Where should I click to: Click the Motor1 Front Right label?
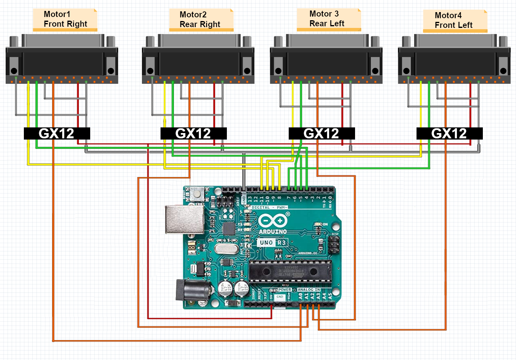tap(65, 19)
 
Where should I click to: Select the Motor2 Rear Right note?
tap(201, 20)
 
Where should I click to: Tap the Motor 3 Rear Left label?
tap(328, 19)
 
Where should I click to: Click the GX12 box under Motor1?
tap(57, 133)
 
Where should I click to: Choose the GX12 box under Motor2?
tap(193, 133)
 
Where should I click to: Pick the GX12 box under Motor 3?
tap(321, 133)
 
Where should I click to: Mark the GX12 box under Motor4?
tap(449, 133)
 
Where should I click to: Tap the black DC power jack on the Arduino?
tap(192, 290)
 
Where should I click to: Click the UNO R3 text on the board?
tap(272, 243)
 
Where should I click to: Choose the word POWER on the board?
tap(284, 290)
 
